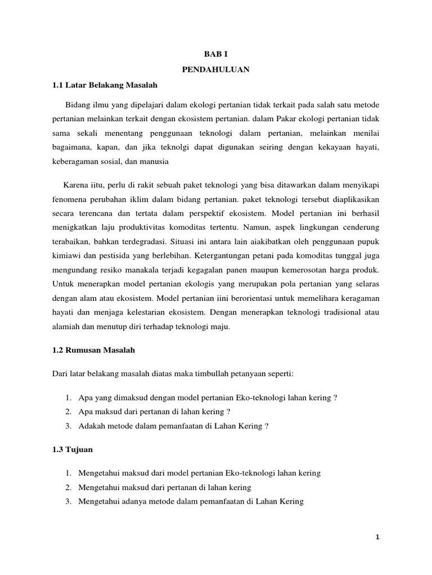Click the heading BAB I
coord(216,54)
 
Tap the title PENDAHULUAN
coord(216,70)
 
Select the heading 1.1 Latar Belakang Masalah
coord(105,85)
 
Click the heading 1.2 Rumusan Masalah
coord(94,350)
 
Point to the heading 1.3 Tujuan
coord(73,450)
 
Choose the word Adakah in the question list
coord(92,426)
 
